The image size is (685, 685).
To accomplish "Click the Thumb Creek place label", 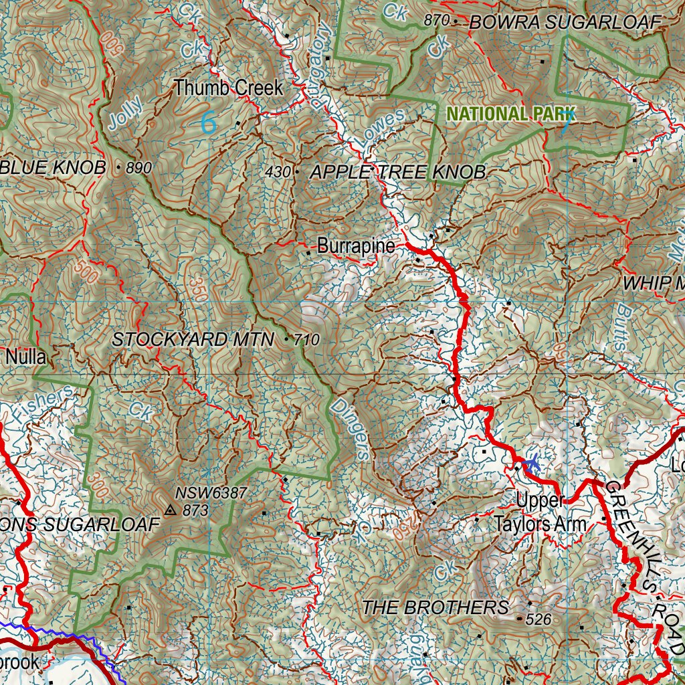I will pos(228,88).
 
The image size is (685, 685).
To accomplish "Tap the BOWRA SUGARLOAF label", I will pos(565,22).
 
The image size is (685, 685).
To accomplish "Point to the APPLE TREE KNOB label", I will pos(398,172).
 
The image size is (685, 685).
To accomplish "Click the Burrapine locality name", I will pos(356,246).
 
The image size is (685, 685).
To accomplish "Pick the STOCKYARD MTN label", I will pos(193,340).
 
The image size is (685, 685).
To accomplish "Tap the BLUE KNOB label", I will pos(54,167).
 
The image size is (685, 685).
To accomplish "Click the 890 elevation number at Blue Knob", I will pos(139,168).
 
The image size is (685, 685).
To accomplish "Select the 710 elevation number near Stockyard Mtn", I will pos(307,340).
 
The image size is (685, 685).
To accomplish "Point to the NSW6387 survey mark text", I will pos(211,493).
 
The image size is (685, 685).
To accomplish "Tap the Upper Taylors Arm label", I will pos(540,512).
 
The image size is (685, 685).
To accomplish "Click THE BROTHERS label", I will pos(435,607).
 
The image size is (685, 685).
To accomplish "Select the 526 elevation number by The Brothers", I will pos(539,620).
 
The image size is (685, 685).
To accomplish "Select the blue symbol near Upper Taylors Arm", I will pos(532,462).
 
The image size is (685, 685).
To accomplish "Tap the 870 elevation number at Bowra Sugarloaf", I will pos(436,21).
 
